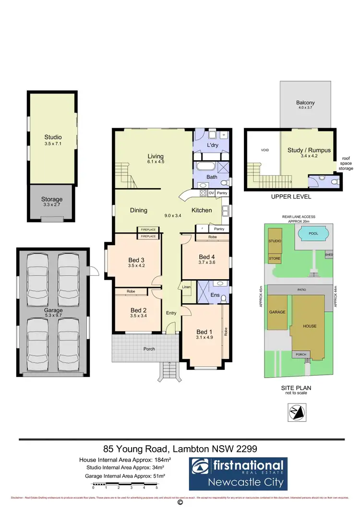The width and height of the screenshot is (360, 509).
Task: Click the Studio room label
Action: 53,137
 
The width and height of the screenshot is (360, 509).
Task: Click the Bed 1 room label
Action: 204,331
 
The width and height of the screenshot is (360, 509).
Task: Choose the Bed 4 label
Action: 206,256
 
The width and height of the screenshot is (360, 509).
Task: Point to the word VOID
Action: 264,150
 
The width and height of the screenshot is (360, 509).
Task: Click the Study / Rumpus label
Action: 309,150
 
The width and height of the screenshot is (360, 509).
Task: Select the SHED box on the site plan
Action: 329,255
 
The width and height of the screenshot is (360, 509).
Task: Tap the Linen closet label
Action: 187,287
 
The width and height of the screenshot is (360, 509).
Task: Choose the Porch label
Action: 149,349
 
